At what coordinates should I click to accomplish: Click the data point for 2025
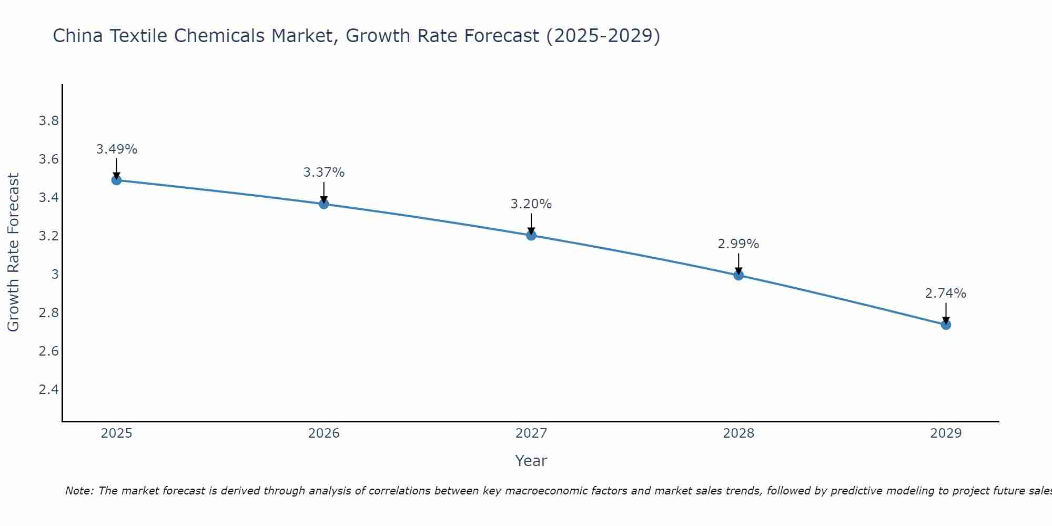[x=117, y=180]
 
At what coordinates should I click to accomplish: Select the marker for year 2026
[x=324, y=204]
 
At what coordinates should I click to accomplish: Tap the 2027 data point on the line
[x=531, y=236]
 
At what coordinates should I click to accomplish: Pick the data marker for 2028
[x=739, y=275]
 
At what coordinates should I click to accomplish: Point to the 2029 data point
[x=946, y=325]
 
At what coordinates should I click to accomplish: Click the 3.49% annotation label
[x=117, y=149]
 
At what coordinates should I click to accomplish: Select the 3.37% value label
[x=324, y=173]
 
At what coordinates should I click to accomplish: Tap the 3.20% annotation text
[x=531, y=204]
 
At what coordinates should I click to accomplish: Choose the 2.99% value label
[x=739, y=244]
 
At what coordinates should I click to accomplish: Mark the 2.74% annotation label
[x=946, y=294]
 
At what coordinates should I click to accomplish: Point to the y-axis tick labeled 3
[x=55, y=275]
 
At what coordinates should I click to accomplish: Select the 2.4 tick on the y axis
[x=48, y=390]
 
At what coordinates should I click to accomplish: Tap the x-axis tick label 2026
[x=324, y=433]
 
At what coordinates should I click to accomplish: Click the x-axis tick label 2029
[x=946, y=433]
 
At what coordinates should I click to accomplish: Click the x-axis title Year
[x=531, y=461]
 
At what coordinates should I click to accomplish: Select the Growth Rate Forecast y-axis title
[x=13, y=252]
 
